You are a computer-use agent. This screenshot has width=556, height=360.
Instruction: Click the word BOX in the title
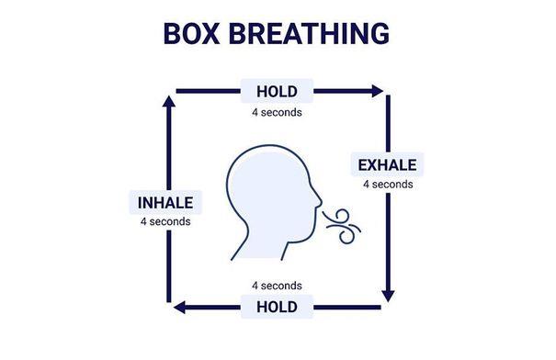coord(191,33)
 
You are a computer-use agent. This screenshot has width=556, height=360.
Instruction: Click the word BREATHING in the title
coord(309,33)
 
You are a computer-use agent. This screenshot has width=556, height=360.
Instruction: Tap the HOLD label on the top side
coord(277,92)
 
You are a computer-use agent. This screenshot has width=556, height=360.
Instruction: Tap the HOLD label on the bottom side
coord(277,307)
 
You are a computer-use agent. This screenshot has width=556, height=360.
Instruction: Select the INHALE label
coord(165,203)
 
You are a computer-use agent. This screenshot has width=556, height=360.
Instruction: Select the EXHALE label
coord(387,165)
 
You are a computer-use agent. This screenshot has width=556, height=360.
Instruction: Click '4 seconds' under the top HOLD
coord(277,112)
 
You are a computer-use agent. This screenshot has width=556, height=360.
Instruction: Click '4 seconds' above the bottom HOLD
coord(277,286)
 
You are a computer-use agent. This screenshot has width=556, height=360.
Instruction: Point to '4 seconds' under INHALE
coord(165,221)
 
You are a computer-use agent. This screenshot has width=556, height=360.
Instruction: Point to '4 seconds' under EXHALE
coord(388,185)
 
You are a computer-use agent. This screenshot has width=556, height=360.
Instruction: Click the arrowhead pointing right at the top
coord(377,91)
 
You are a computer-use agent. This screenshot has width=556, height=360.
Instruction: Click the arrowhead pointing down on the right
coord(388,297)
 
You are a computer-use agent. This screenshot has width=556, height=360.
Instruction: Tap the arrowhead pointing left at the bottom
coord(180,308)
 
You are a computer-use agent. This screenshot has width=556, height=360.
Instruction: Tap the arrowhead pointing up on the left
coord(169,101)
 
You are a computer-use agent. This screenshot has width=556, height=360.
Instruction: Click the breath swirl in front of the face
coord(342,227)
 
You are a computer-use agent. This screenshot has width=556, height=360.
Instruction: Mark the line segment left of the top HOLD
coord(208,92)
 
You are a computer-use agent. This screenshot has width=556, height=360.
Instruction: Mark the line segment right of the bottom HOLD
coord(347,308)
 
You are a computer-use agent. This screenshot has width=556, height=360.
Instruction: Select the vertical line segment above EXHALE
coord(388,124)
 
